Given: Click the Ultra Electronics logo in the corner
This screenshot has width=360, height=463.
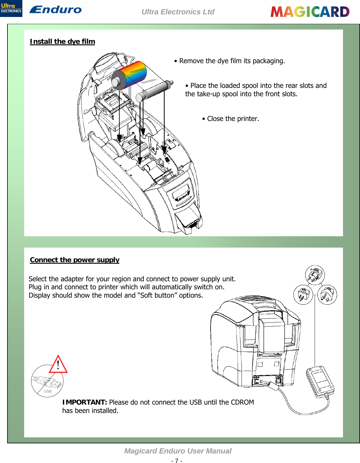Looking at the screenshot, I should tap(11, 8).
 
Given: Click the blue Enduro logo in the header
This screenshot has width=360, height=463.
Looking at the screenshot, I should tap(55, 10).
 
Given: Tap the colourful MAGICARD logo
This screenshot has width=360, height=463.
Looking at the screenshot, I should tap(310, 12).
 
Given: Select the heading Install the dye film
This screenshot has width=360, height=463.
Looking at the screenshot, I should tap(62, 41).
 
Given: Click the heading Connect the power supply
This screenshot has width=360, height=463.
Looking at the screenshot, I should tap(75, 260).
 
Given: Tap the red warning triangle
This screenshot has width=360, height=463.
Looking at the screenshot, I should tap(58, 364).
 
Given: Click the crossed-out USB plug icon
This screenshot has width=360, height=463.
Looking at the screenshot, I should tap(47, 382).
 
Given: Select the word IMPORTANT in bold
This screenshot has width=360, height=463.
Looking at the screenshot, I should tap(85, 402).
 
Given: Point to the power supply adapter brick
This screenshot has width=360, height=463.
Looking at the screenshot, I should tap(320, 381).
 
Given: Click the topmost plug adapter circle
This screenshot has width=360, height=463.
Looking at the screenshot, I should tap(315, 275).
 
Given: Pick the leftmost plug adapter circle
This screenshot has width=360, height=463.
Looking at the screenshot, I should tap(303, 294).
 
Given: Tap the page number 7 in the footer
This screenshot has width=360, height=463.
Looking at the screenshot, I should tap(177, 461).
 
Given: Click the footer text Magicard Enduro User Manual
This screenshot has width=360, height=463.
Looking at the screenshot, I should tap(178, 451).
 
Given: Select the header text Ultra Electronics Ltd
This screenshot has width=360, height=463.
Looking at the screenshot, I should tap(178, 12).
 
